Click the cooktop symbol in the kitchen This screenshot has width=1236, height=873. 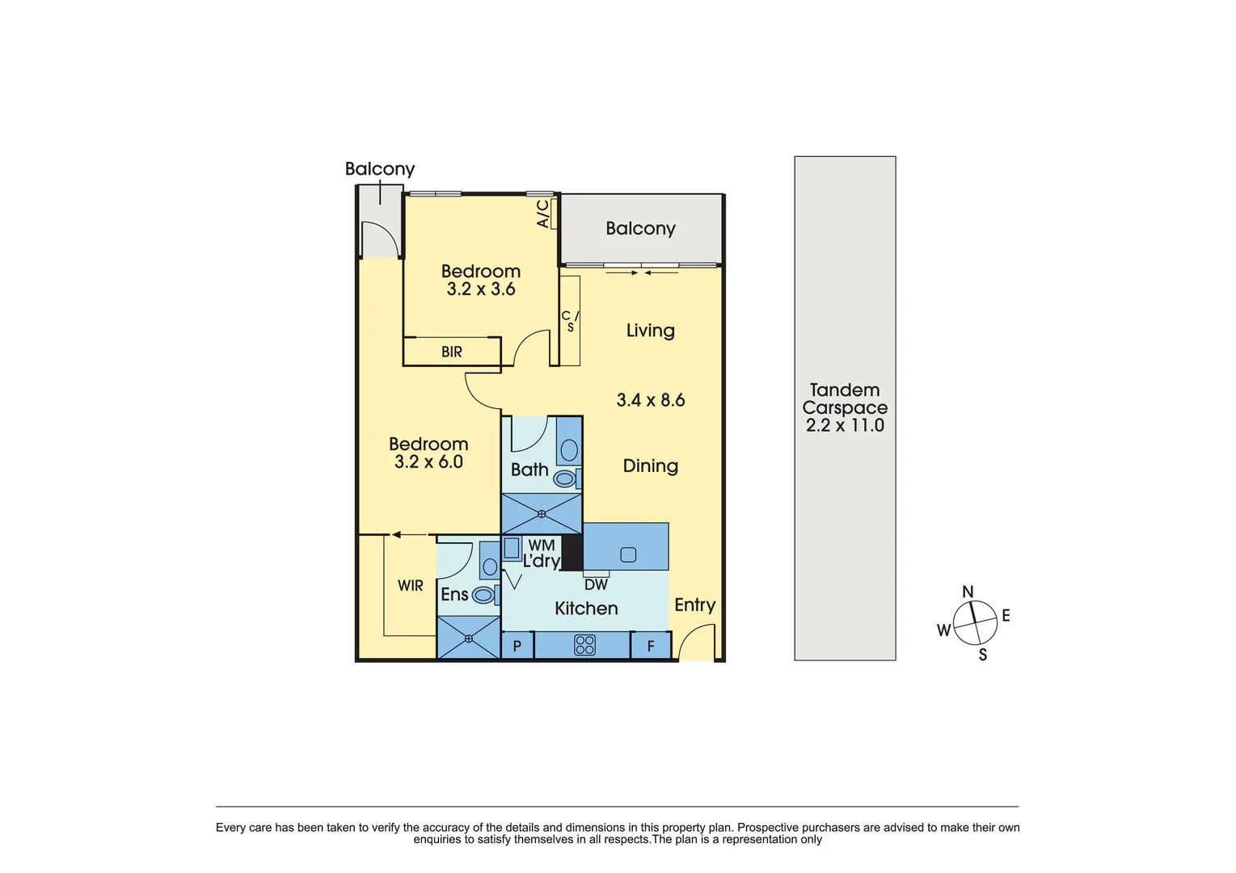[x=584, y=645]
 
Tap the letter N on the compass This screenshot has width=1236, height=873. [x=968, y=592]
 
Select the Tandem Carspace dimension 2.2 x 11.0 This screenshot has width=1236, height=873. [x=845, y=426]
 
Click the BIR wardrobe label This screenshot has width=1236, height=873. [x=452, y=352]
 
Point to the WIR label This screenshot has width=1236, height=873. [x=410, y=585]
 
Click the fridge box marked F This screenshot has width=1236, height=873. [x=651, y=646]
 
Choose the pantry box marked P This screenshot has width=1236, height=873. [x=517, y=646]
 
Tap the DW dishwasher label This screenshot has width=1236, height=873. [x=596, y=584]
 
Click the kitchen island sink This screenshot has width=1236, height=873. [x=628, y=555]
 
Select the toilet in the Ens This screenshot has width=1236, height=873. [x=483, y=596]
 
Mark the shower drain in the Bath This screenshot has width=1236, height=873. [x=542, y=514]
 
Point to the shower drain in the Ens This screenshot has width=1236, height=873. [x=469, y=639]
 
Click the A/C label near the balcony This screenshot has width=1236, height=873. [x=543, y=213]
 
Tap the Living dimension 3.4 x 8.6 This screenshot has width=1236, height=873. [x=650, y=400]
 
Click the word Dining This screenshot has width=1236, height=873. [x=650, y=466]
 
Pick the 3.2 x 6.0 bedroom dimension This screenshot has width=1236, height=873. [x=428, y=462]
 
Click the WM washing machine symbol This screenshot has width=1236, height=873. [x=512, y=548]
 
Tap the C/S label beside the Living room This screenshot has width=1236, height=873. [x=570, y=321]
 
